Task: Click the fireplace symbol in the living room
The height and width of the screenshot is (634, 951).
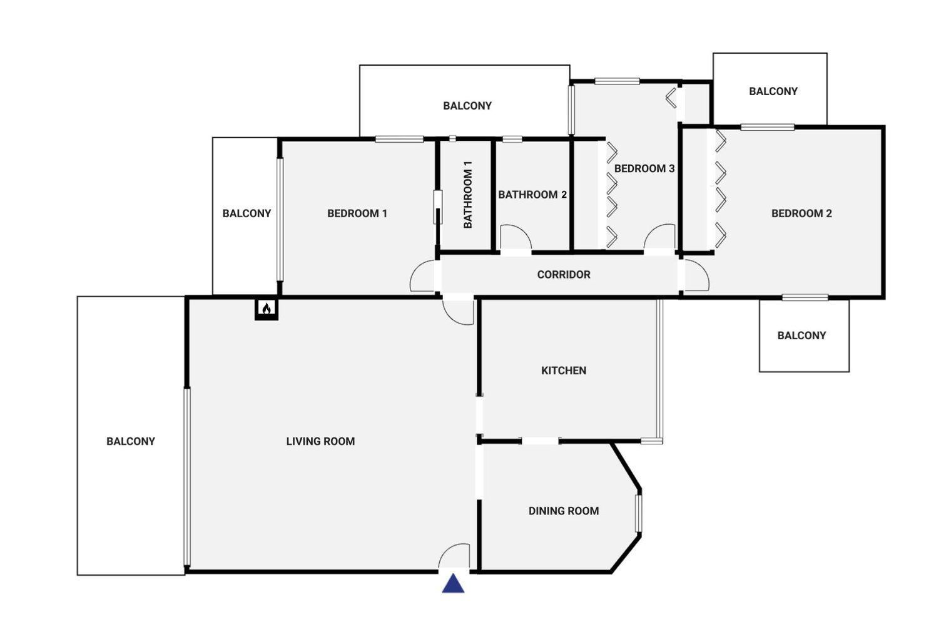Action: [266, 309]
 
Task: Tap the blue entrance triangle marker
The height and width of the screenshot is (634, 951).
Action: [453, 583]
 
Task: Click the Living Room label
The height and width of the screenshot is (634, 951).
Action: [320, 441]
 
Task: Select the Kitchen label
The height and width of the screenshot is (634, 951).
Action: [563, 371]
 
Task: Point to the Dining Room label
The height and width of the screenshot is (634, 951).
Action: [563, 511]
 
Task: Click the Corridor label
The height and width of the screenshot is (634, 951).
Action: [563, 274]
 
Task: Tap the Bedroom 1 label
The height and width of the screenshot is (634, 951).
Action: [357, 213]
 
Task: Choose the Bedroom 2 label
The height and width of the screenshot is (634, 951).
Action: [801, 213]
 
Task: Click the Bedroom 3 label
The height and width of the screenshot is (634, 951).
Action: [644, 168]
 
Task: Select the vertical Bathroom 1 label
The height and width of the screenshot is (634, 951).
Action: [467, 195]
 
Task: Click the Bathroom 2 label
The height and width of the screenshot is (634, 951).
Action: [532, 195]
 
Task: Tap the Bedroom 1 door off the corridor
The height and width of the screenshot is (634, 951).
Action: [423, 276]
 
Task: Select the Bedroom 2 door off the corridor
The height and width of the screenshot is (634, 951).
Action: [696, 275]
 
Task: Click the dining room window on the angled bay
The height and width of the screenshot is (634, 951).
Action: [639, 513]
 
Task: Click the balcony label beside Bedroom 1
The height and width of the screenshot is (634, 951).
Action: [247, 213]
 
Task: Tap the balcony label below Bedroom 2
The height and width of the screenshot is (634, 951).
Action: [801, 335]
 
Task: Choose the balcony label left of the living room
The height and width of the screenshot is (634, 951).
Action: [130, 441]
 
